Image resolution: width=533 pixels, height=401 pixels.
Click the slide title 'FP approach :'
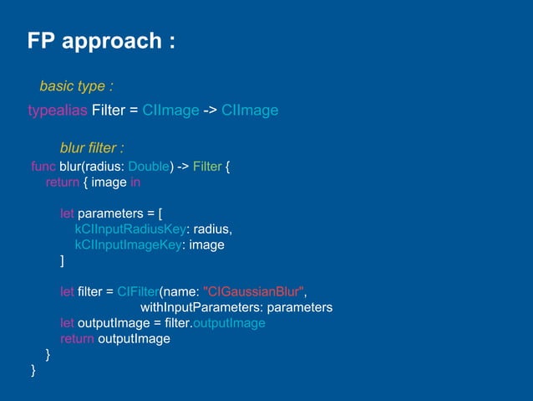[101, 42]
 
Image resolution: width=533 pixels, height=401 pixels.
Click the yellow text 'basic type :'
[76, 86]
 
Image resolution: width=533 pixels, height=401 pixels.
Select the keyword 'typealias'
[53, 111]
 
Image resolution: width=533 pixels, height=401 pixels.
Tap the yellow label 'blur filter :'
[91, 148]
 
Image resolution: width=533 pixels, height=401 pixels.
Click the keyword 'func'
[43, 166]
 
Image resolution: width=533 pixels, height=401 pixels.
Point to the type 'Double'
[150, 166]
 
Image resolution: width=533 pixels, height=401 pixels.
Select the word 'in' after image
[135, 182]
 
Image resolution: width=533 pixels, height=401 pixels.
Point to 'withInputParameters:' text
[211, 307]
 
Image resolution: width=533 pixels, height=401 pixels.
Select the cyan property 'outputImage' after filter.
[229, 322]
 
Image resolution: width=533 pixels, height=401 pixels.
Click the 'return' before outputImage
[77, 338]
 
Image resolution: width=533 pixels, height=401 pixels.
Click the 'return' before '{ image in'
[62, 182]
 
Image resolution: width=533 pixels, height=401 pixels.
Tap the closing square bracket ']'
[62, 260]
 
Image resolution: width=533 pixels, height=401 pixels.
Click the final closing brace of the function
[33, 369]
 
